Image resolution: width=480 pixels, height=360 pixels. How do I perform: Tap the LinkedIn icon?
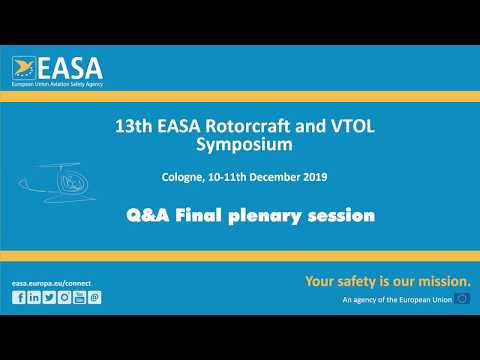tap(34, 297)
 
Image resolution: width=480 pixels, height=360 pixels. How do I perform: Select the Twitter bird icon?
tap(49, 297)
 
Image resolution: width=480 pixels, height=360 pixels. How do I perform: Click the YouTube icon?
tap(79, 297)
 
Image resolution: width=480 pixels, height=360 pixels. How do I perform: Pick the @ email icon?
tap(94, 297)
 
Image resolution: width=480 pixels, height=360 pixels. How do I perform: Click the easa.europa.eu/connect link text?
tap(56, 283)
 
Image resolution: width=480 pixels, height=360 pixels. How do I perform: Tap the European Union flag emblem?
tap(462, 299)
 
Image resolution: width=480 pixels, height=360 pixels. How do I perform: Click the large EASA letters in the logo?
tap(73, 68)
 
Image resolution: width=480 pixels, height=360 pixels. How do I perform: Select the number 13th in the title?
tap(132, 127)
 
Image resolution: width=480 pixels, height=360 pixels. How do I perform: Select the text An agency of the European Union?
tap(395, 300)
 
